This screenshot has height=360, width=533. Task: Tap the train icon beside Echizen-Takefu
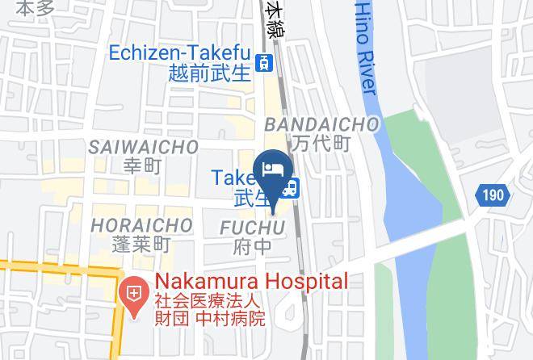tap(263, 62)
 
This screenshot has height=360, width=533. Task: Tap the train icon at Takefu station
tap(292, 188)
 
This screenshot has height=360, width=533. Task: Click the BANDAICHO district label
tap(321, 124)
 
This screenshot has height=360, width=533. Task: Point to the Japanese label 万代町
tap(321, 144)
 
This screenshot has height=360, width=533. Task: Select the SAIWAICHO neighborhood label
tap(143, 147)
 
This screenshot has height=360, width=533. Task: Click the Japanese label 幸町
tap(143, 166)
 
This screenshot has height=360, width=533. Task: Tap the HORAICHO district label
tap(141, 224)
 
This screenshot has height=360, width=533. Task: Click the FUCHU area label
tap(253, 228)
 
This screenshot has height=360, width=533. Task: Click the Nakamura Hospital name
tap(251, 282)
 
